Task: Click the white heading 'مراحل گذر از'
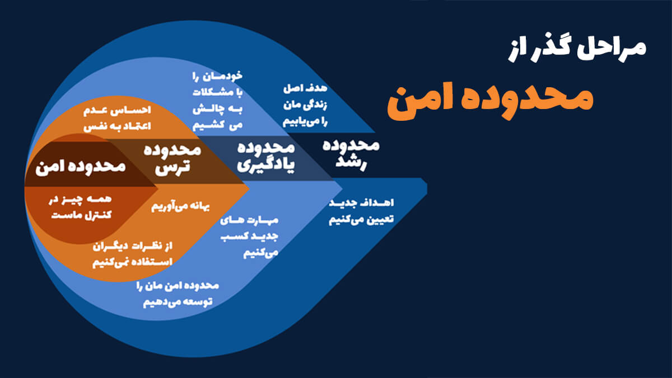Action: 577,50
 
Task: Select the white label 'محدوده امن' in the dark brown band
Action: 81,167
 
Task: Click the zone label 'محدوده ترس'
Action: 172,159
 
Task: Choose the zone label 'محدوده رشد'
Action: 351,154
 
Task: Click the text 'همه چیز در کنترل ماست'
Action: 80,207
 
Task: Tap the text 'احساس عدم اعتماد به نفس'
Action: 117,119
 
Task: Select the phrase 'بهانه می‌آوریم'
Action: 180,206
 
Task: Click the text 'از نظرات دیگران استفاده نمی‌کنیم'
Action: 132,255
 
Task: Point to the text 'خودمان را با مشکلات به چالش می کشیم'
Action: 217,100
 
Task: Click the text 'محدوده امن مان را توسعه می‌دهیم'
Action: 178,294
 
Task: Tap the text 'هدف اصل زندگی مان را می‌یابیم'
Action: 305,106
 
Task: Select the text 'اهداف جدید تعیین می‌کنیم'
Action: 361,211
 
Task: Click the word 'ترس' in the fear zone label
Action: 172,167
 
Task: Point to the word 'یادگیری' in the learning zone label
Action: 266,166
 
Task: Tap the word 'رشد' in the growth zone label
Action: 351,163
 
